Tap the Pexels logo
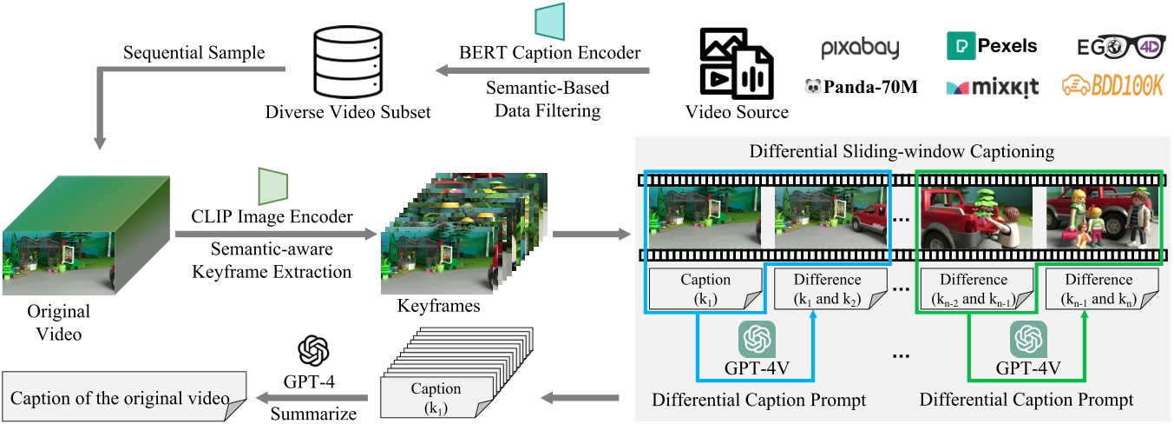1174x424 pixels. (991, 45)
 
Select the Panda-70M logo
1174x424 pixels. (861, 86)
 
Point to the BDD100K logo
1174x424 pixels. (1114, 85)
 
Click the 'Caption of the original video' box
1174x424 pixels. (124, 398)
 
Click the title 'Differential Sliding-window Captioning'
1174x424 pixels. (902, 151)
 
